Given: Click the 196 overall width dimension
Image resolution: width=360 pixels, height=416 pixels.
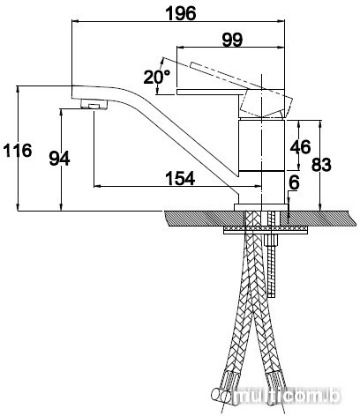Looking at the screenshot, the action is coord(181,13).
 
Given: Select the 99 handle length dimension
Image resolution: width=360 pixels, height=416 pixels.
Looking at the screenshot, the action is coord(232,40).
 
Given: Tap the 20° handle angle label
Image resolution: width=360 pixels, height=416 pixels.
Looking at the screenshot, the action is coord(157,77).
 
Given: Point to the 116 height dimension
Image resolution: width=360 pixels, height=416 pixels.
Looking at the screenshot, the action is coord(18,151).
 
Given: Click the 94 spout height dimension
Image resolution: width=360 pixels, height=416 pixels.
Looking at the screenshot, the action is coord(59,159).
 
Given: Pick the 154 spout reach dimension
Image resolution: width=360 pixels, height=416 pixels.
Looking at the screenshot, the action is coord(180,178).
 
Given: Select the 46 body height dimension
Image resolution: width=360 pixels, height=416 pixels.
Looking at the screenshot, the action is coord(300,146).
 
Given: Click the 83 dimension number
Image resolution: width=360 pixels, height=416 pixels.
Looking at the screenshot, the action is coord(321,165).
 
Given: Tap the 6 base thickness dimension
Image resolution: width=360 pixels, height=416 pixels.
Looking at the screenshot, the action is coord(294,182).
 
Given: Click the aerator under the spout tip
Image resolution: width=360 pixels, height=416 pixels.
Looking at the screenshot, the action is coord(94,104).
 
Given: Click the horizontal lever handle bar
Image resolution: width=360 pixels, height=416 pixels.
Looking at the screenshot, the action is coord(209,92).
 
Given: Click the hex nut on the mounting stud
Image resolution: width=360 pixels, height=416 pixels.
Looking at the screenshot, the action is coord(272,241).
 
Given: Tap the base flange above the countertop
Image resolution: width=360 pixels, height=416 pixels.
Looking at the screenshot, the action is coord(261,207).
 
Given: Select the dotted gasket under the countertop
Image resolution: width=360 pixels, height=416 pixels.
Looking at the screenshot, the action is coord(266,228).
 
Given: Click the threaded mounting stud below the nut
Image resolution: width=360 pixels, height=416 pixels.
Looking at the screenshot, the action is coord(272,271).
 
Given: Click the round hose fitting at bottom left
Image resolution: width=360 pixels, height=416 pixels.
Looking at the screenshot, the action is coord(221,394).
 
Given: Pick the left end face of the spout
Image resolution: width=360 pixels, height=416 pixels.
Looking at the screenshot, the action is coord(72,93).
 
